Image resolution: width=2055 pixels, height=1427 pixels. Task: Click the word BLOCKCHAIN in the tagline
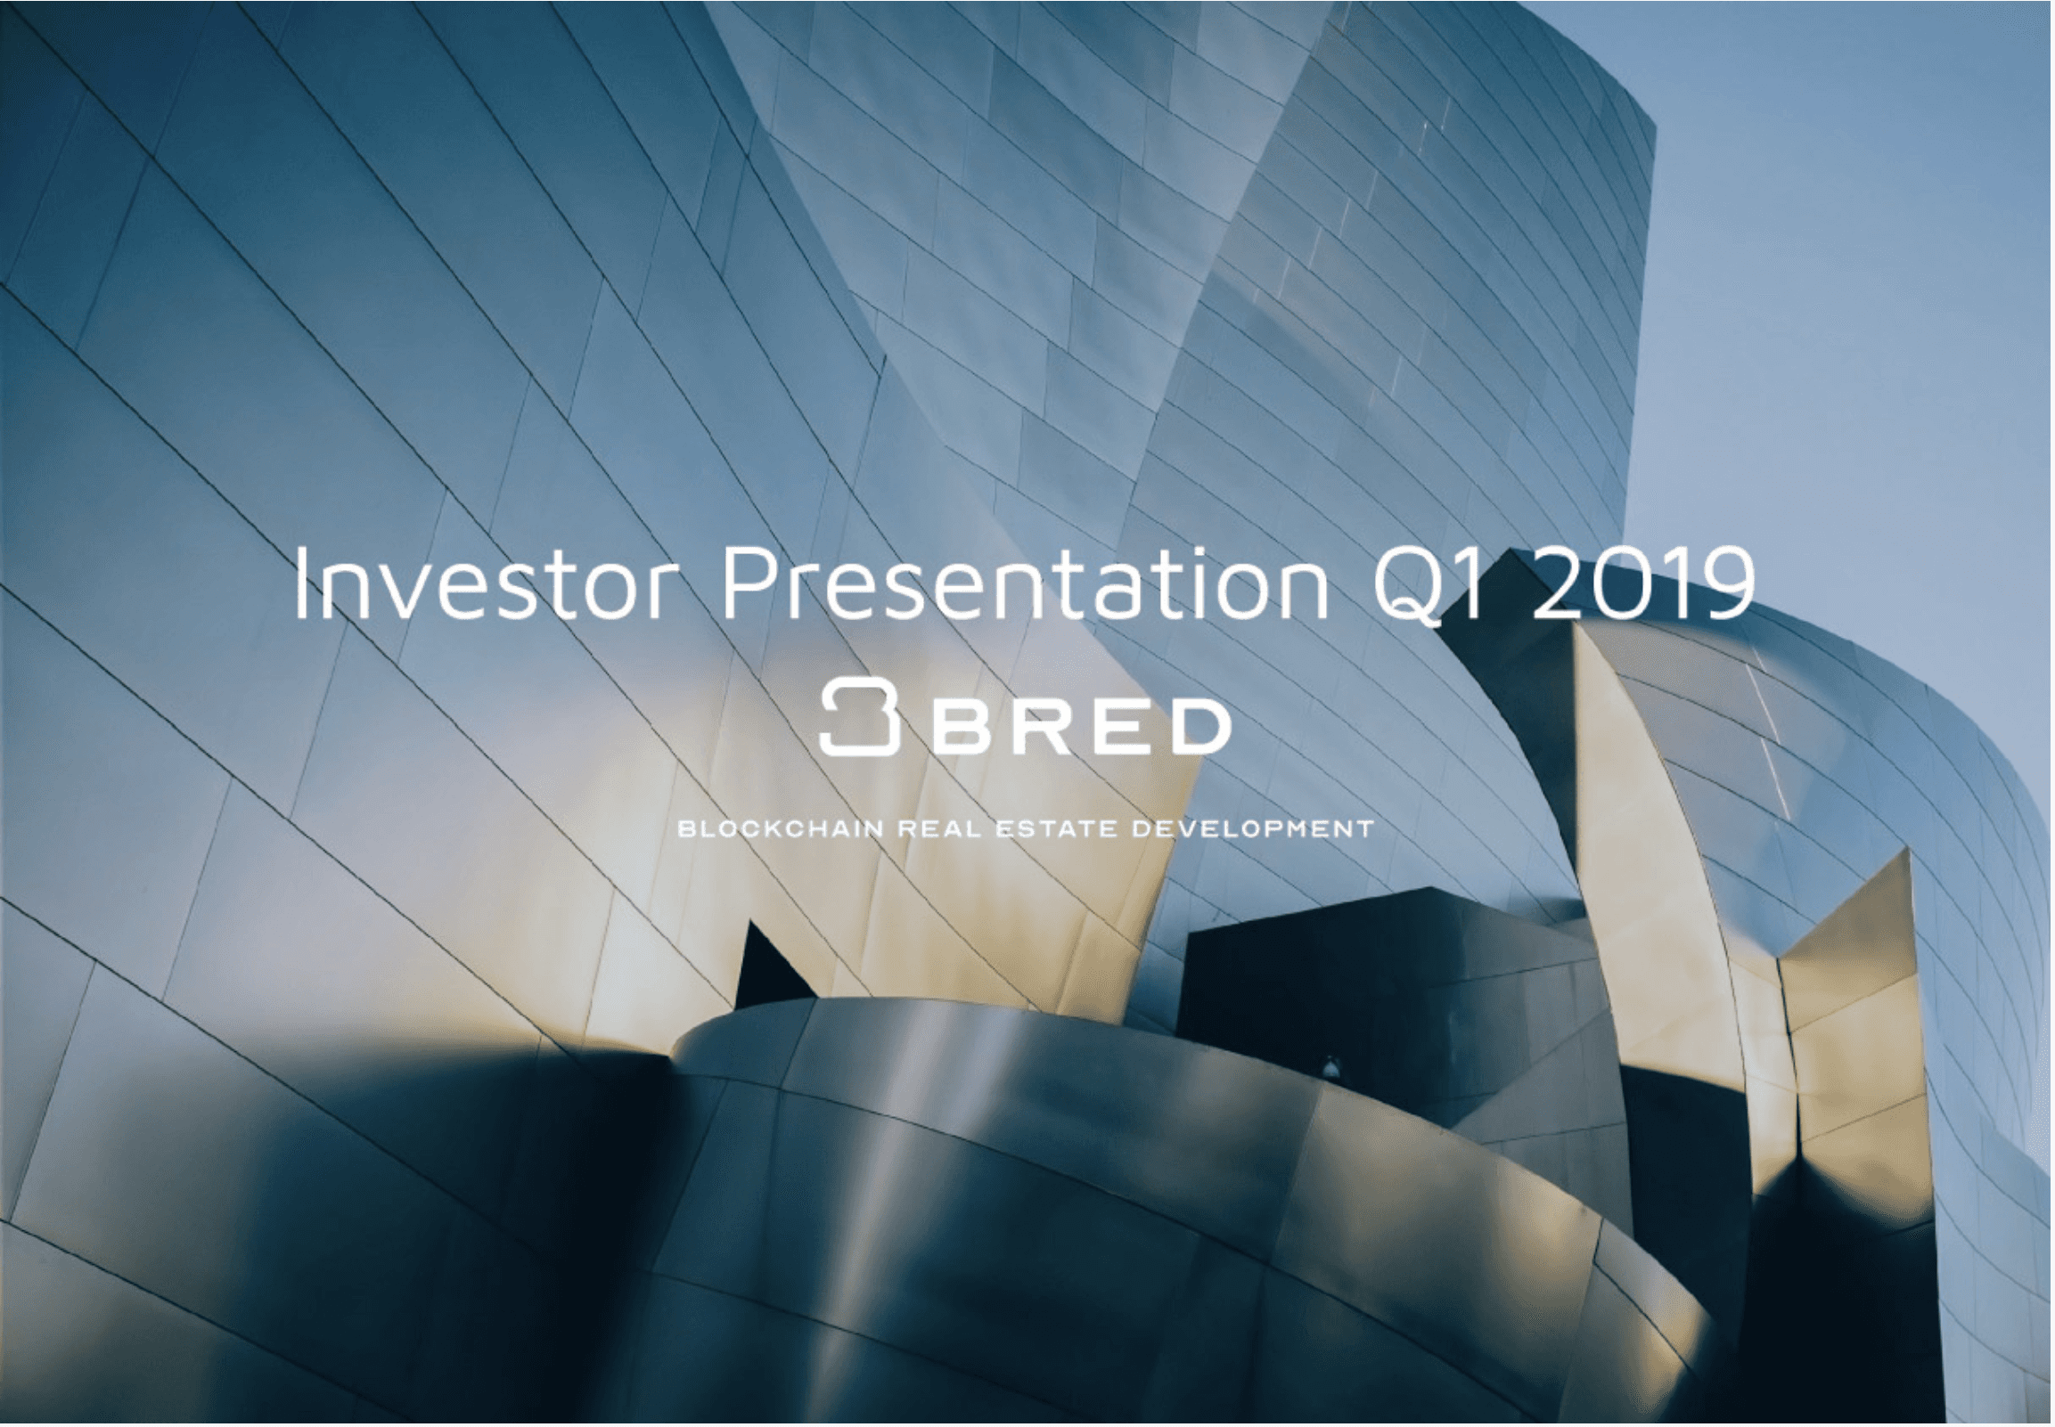(x=781, y=828)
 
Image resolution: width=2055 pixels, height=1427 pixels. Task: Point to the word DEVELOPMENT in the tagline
(x=1252, y=828)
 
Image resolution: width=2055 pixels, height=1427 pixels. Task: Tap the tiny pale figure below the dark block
(x=1331, y=1065)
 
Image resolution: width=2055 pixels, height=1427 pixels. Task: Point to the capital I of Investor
(x=300, y=583)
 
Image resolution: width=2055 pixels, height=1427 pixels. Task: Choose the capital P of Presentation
(x=748, y=583)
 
